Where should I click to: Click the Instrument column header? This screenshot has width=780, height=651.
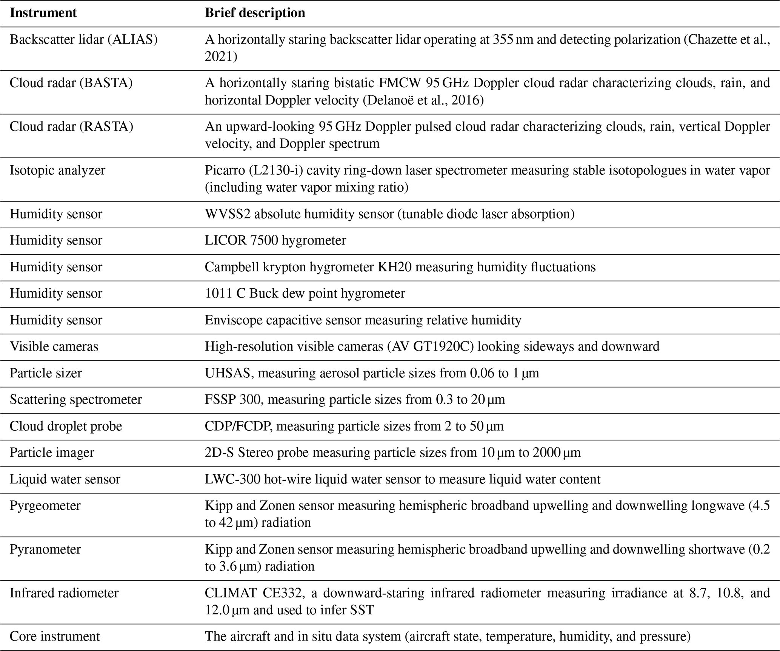tap(43, 13)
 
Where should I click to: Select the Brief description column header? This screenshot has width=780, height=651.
tap(255, 13)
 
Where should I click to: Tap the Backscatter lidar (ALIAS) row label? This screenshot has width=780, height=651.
tap(83, 39)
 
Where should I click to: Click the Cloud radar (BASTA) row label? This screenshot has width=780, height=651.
tap(71, 83)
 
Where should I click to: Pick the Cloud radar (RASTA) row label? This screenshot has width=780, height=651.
tap(71, 126)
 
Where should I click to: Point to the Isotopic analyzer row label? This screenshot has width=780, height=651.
tap(57, 170)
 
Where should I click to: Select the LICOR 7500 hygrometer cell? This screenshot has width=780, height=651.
tap(275, 240)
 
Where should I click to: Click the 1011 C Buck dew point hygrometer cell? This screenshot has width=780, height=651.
tap(305, 293)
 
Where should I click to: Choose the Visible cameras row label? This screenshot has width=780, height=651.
tap(54, 346)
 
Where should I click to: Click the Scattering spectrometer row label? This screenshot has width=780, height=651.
tap(75, 399)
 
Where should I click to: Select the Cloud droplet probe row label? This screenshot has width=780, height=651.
tap(66, 426)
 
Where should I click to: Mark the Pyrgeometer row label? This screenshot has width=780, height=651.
tap(45, 505)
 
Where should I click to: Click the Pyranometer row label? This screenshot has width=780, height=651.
tap(45, 549)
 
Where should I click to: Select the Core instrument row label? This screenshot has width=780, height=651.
tap(55, 636)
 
